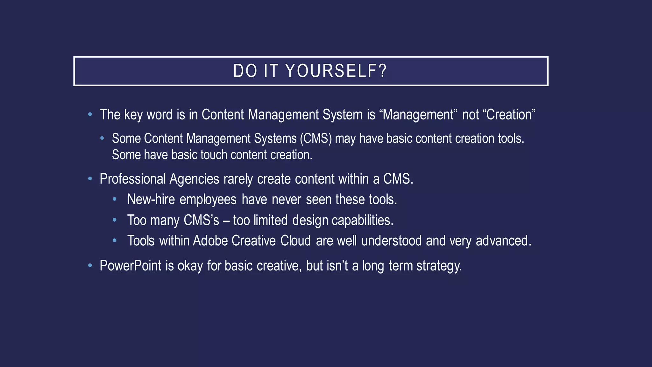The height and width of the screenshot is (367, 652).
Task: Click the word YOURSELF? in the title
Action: coord(336,71)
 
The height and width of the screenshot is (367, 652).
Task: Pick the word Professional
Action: coord(133,179)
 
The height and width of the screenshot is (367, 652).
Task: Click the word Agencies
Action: coord(194,179)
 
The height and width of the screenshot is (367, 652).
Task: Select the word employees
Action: coord(208,200)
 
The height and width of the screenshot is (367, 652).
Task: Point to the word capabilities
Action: coord(362,220)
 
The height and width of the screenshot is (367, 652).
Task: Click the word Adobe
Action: coord(210,241)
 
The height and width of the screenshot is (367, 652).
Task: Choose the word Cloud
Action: coord(295,241)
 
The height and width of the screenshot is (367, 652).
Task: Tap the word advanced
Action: coord(503,241)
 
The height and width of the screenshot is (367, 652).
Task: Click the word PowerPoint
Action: coord(131,266)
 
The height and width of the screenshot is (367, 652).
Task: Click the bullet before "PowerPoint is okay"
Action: coord(90,265)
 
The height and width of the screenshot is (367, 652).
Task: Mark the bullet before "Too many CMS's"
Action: coord(115,220)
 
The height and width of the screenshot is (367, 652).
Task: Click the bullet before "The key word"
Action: coord(90,114)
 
